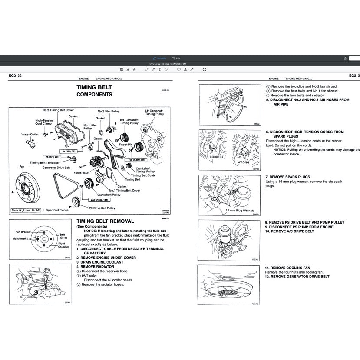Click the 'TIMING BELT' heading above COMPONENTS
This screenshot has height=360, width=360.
(94, 87)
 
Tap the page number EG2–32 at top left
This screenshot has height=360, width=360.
(15, 76)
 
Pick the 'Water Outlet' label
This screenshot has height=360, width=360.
(30, 135)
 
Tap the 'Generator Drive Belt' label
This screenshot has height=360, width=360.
(56, 168)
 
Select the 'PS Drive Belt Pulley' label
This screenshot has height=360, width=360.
(102, 208)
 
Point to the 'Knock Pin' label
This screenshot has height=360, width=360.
(126, 144)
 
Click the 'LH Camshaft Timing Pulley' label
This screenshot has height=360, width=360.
(155, 112)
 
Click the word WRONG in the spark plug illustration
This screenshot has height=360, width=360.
(243, 162)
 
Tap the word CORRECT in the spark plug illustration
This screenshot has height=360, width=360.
(216, 157)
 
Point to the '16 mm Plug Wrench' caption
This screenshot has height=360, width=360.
(239, 211)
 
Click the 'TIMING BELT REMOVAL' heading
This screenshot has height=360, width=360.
(105, 221)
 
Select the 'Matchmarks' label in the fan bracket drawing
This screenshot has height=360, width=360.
(20, 238)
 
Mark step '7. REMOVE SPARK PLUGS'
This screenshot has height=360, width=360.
(287, 177)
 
